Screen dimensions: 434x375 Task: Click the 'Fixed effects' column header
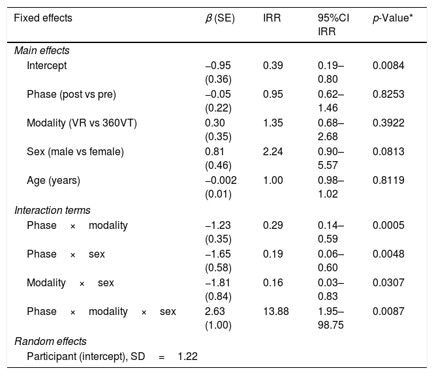click(x=43, y=18)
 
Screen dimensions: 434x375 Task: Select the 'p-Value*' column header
click(x=393, y=18)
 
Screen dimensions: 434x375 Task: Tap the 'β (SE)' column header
click(x=220, y=18)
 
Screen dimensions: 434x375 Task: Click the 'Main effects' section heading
click(x=42, y=51)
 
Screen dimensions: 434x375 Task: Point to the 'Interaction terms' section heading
click(x=52, y=211)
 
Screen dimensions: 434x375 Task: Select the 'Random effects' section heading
click(x=50, y=342)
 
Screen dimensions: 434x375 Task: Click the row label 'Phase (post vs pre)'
click(x=71, y=95)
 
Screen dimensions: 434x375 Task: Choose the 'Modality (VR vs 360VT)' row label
click(x=82, y=123)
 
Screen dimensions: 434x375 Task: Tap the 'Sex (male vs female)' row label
click(x=75, y=152)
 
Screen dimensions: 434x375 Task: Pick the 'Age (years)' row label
click(x=54, y=181)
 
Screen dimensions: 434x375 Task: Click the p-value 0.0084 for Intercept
click(x=388, y=66)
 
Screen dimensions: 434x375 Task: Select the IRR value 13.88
click(x=275, y=312)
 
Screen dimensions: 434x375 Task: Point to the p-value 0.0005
click(x=388, y=226)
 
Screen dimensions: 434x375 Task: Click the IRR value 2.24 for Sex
click(x=273, y=152)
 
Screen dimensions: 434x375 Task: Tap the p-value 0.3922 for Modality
click(x=388, y=123)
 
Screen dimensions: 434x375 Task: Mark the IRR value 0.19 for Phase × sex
click(x=273, y=254)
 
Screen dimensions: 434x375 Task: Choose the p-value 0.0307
click(x=388, y=283)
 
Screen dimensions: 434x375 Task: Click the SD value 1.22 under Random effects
click(x=188, y=357)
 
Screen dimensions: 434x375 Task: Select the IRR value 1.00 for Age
click(x=273, y=181)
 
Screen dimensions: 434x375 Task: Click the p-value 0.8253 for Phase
click(x=388, y=95)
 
